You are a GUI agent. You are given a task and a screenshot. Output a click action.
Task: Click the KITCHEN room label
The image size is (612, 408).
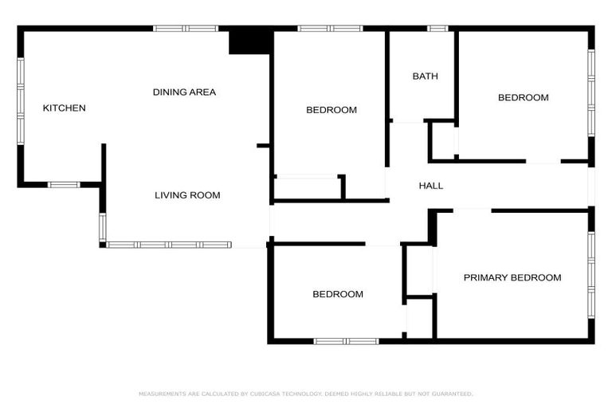point(64,108)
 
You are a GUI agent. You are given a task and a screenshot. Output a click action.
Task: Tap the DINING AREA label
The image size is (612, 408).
point(184,92)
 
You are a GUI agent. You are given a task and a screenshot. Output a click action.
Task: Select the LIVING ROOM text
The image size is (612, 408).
point(187,195)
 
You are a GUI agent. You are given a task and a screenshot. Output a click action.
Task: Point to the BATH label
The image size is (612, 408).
point(425,76)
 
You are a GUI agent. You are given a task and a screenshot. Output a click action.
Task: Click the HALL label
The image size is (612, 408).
point(431,186)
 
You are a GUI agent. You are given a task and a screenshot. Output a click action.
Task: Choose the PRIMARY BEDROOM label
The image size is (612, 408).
point(512,278)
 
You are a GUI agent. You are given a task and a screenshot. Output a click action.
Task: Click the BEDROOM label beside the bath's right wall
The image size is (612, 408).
point(523,98)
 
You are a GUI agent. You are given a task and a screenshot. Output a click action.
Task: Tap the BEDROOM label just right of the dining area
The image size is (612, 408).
point(331,110)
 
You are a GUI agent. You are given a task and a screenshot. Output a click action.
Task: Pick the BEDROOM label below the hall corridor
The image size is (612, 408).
point(337,295)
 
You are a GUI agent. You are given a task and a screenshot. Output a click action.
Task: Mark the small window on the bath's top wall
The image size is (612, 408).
point(437,29)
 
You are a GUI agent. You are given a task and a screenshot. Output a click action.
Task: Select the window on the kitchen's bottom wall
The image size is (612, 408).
point(64,185)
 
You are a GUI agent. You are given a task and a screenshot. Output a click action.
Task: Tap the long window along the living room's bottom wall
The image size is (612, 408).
point(169,245)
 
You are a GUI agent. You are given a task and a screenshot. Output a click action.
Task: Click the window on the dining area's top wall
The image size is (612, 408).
point(186,29)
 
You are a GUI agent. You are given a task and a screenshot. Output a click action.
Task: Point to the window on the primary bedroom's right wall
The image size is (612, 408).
point(591,274)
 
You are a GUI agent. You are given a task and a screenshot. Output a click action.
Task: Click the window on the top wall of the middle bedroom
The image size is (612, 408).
point(330,29)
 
